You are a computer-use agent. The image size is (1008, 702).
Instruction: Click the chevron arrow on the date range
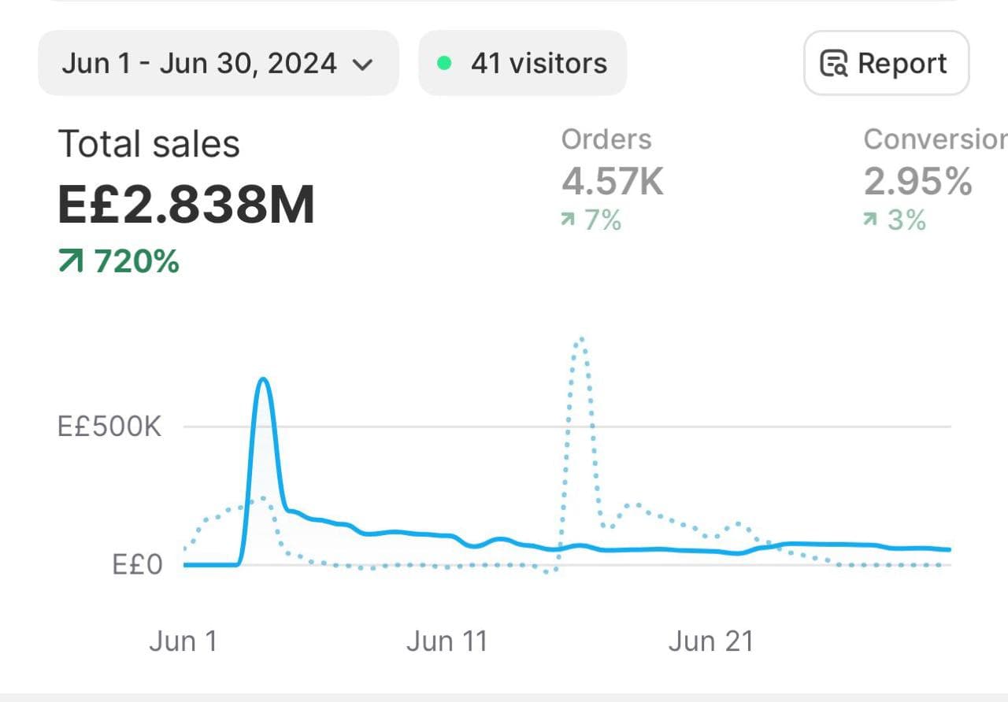pyautogui.click(x=362, y=65)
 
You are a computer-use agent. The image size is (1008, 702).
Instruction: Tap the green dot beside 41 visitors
pyautogui.click(x=444, y=63)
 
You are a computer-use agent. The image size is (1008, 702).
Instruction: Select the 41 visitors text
pyautogui.click(x=539, y=63)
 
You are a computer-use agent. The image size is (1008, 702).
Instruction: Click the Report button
pyautogui.click(x=886, y=63)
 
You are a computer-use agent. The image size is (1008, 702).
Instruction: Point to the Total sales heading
pyautogui.click(x=149, y=145)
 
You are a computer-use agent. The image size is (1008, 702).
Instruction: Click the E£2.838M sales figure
pyautogui.click(x=187, y=204)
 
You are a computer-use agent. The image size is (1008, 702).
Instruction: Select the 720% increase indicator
pyautogui.click(x=120, y=261)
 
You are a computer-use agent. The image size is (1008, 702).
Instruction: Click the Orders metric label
pyautogui.click(x=606, y=139)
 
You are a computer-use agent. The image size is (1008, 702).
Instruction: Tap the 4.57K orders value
pyautogui.click(x=613, y=181)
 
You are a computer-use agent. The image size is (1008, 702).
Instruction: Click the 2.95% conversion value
pyautogui.click(x=917, y=181)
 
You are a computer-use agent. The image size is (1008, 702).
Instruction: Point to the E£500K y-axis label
pyautogui.click(x=109, y=427)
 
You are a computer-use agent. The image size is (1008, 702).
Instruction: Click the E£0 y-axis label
pyautogui.click(x=137, y=564)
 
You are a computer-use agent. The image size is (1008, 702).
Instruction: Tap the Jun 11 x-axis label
pyautogui.click(x=447, y=641)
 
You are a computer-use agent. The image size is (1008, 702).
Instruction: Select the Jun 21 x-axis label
pyautogui.click(x=710, y=641)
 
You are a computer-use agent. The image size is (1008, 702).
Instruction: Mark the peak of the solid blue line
pyautogui.click(x=264, y=380)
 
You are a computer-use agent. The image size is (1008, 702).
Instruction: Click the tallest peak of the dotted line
pyautogui.click(x=580, y=338)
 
